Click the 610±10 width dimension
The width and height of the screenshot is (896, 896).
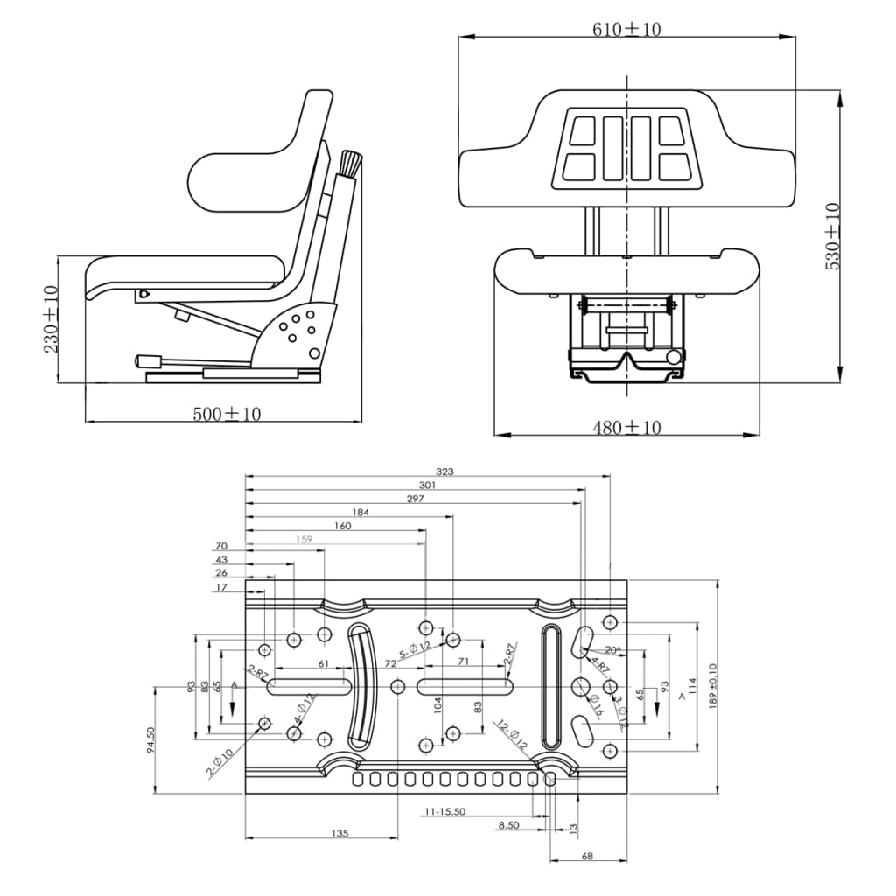(626, 30)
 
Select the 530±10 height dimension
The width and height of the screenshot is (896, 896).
(832, 236)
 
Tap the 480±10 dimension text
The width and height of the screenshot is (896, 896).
(626, 428)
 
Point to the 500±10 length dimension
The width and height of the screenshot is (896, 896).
(227, 414)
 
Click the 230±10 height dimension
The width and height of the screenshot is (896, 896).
(51, 318)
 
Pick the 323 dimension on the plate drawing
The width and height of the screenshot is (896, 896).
(444, 472)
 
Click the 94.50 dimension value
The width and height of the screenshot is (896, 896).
(150, 740)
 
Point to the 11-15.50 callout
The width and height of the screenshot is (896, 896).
(444, 812)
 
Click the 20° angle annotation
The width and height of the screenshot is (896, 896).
(613, 650)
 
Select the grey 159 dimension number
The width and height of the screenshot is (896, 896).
(304, 540)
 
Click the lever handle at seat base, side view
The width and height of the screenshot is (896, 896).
(148, 360)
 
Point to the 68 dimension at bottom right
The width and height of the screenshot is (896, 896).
(587, 856)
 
